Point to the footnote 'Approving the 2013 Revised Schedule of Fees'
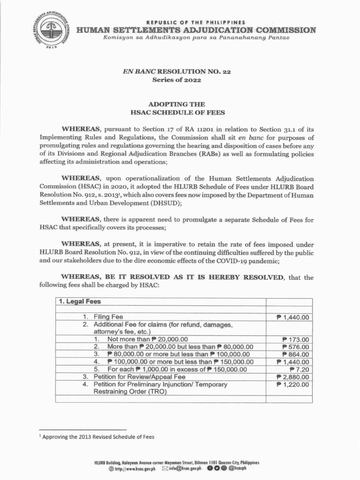click(98, 436)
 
